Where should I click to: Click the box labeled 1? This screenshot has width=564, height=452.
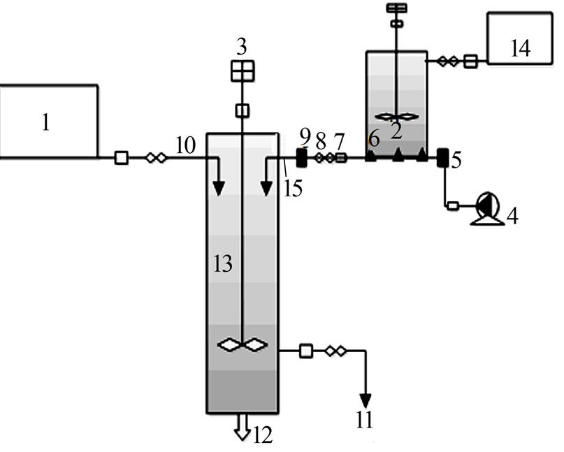pyautogui.click(x=48, y=122)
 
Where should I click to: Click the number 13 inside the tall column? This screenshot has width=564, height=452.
pyautogui.click(x=224, y=263)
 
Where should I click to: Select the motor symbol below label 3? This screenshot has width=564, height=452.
pyautogui.click(x=242, y=71)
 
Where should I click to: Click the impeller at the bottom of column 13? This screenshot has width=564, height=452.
pyautogui.click(x=242, y=344)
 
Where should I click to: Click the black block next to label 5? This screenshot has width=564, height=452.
pyautogui.click(x=442, y=158)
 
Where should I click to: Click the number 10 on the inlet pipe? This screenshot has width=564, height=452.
pyautogui.click(x=185, y=145)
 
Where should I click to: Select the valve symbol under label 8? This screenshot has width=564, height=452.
pyautogui.click(x=324, y=159)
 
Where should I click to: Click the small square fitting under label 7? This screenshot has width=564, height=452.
pyautogui.click(x=341, y=159)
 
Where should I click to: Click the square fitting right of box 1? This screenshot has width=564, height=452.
pyautogui.click(x=121, y=159)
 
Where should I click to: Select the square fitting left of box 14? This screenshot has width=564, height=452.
pyautogui.click(x=470, y=61)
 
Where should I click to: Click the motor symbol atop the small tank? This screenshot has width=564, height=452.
pyautogui.click(x=396, y=8)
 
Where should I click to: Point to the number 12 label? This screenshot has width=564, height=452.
pyautogui.click(x=263, y=435)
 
